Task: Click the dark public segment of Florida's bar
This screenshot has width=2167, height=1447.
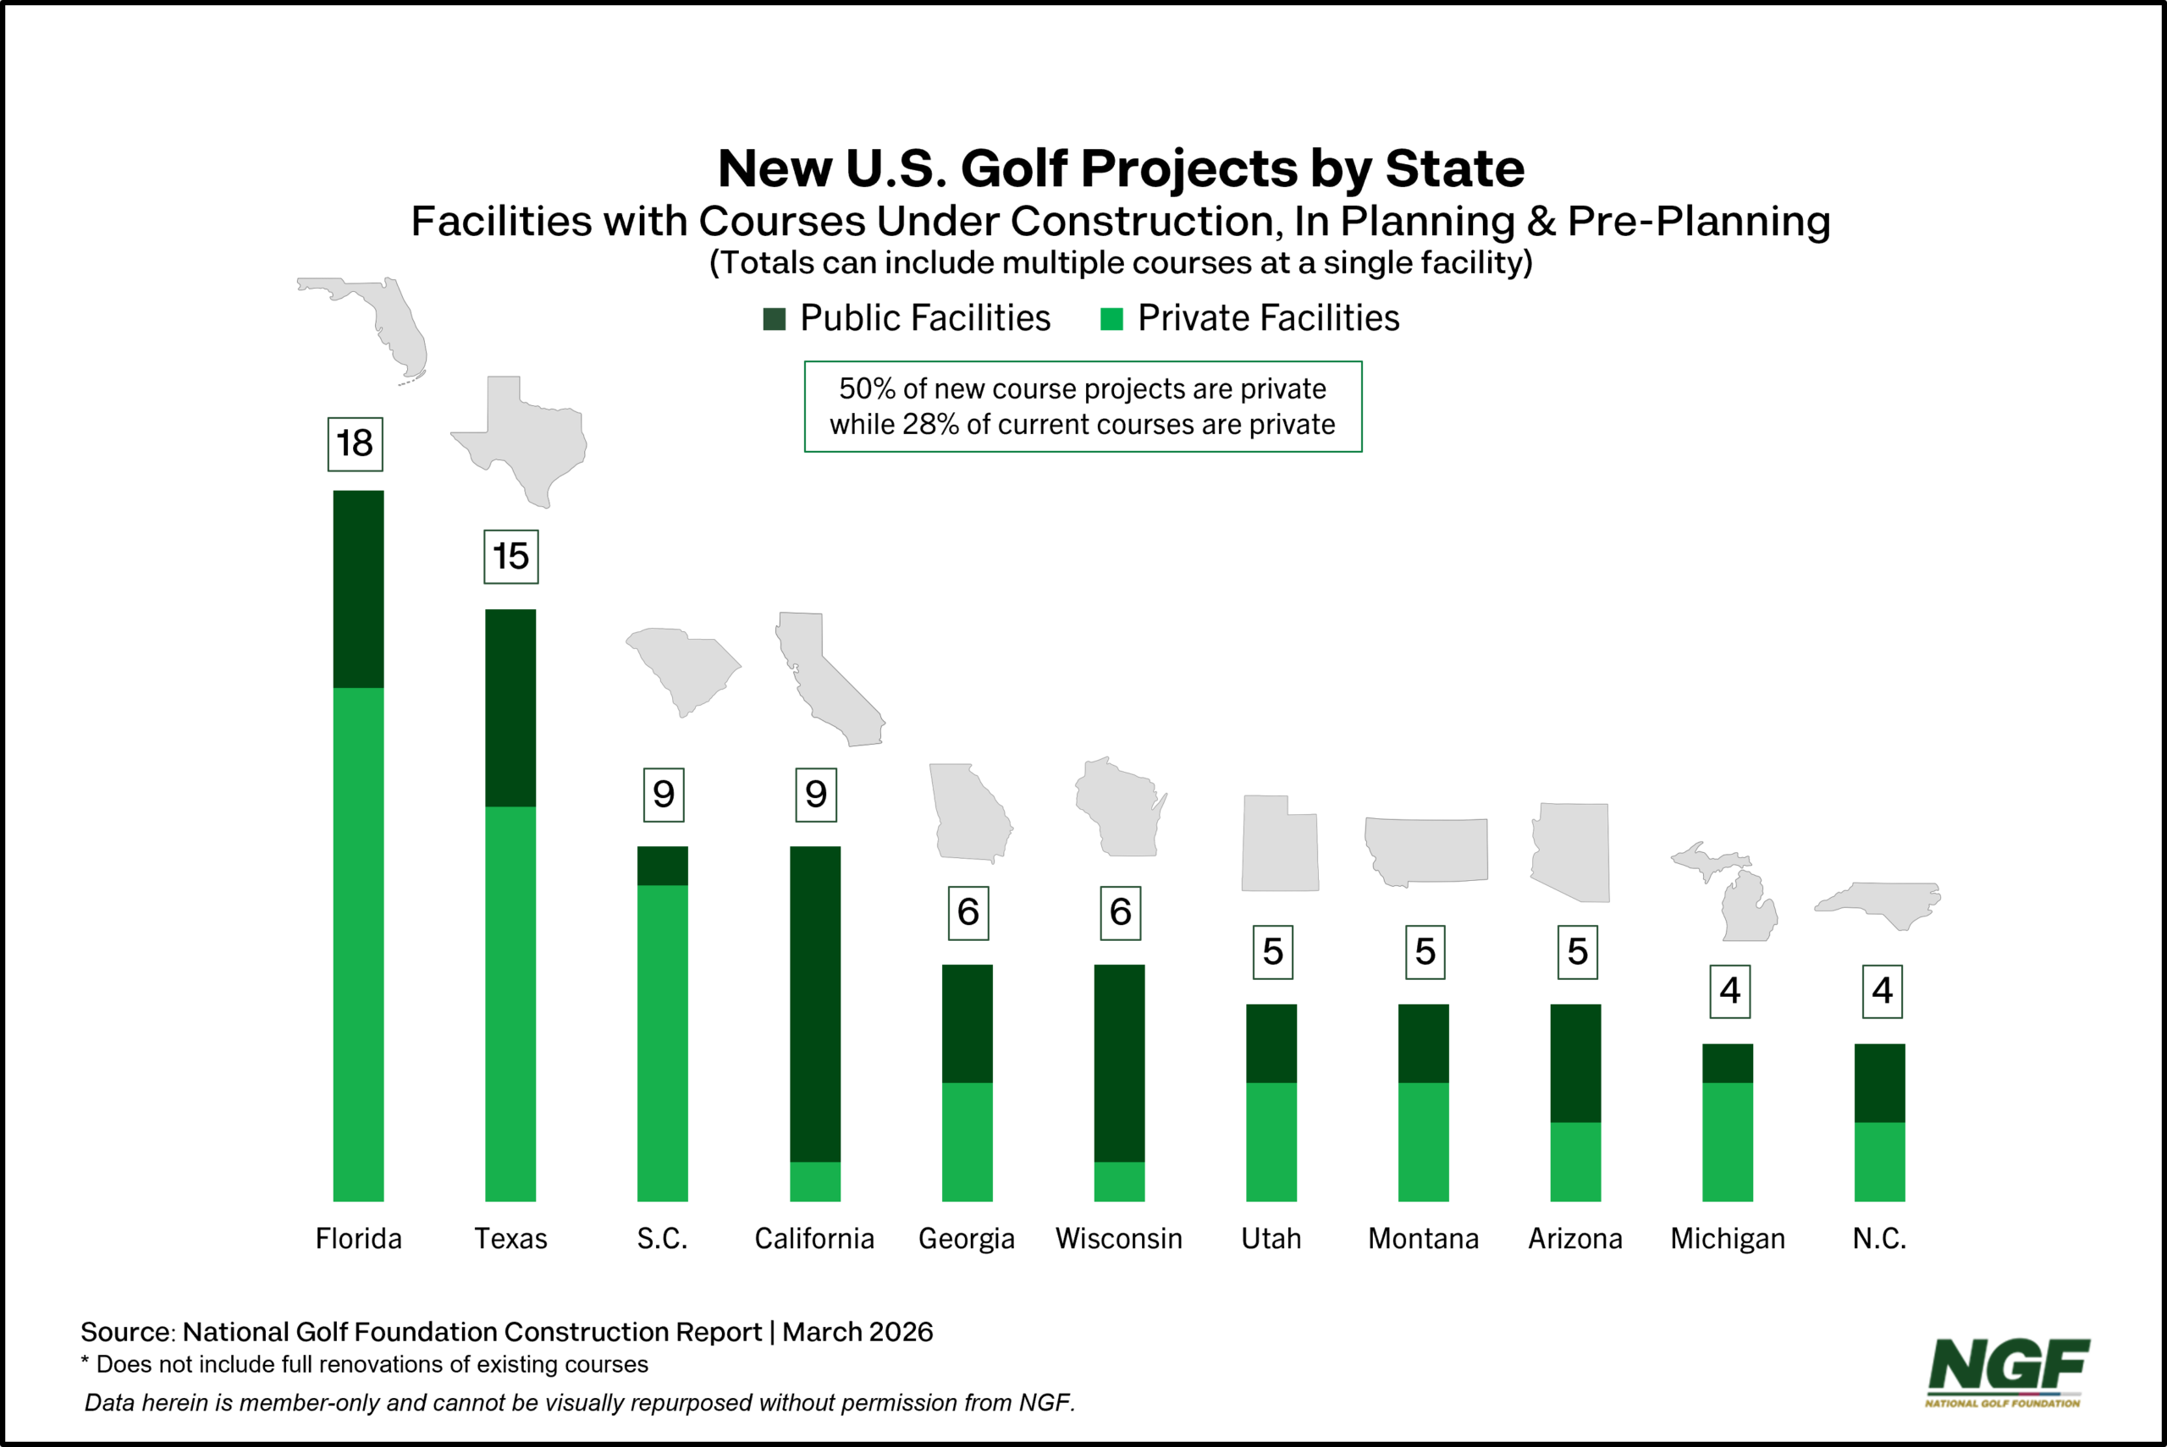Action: (x=358, y=589)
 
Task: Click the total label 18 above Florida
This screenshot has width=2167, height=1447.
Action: (x=356, y=444)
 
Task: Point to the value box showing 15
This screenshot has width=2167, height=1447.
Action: (x=510, y=557)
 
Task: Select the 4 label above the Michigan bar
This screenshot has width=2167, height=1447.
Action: (x=1729, y=991)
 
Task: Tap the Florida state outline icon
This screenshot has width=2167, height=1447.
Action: (x=378, y=323)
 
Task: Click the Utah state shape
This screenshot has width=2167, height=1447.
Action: (x=1279, y=845)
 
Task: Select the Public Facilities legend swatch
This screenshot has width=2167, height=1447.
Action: (x=775, y=319)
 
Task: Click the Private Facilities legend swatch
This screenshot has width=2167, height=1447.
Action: (x=1111, y=319)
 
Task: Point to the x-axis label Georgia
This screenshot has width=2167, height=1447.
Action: (x=967, y=1239)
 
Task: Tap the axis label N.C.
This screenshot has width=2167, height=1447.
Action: (x=1879, y=1239)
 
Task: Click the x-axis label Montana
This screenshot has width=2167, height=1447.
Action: (x=1423, y=1239)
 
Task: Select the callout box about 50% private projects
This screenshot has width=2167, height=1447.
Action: (x=1083, y=407)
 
